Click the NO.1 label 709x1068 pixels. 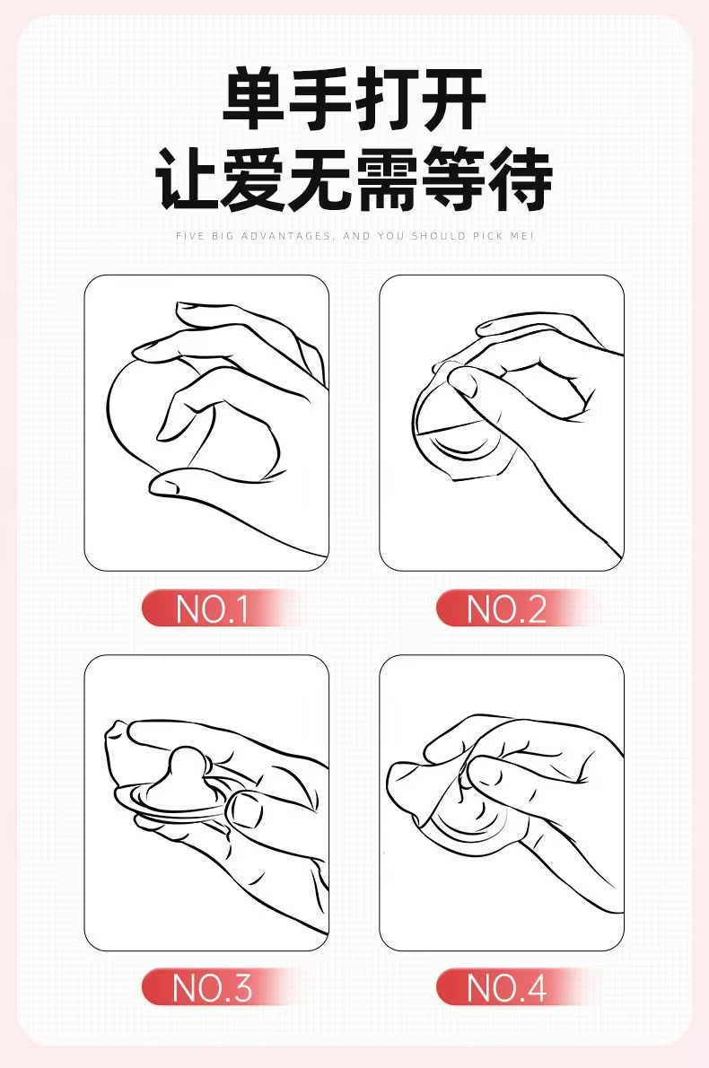click(x=212, y=608)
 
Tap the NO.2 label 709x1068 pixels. click(x=506, y=608)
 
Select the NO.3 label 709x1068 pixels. click(x=212, y=987)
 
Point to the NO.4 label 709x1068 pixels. click(x=506, y=987)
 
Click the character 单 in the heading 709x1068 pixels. click(x=254, y=99)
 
